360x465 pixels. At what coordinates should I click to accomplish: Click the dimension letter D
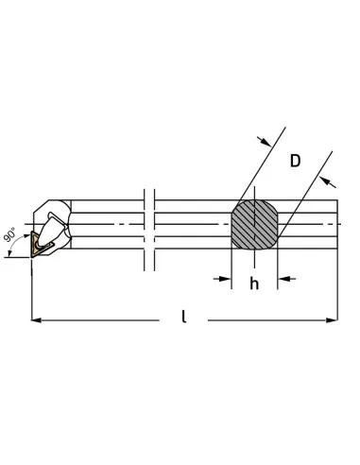click(295, 161)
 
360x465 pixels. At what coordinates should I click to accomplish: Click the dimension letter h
click(254, 284)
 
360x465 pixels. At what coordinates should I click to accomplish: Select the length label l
click(184, 317)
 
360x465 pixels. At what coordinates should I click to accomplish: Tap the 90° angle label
click(10, 234)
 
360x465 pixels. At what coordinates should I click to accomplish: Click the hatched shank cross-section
click(254, 225)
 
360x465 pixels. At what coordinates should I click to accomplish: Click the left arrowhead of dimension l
click(36, 320)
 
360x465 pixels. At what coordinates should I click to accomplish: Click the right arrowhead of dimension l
click(333, 320)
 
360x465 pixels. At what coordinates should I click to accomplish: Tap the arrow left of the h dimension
click(222, 279)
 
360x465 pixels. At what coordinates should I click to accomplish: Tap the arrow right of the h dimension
click(286, 279)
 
